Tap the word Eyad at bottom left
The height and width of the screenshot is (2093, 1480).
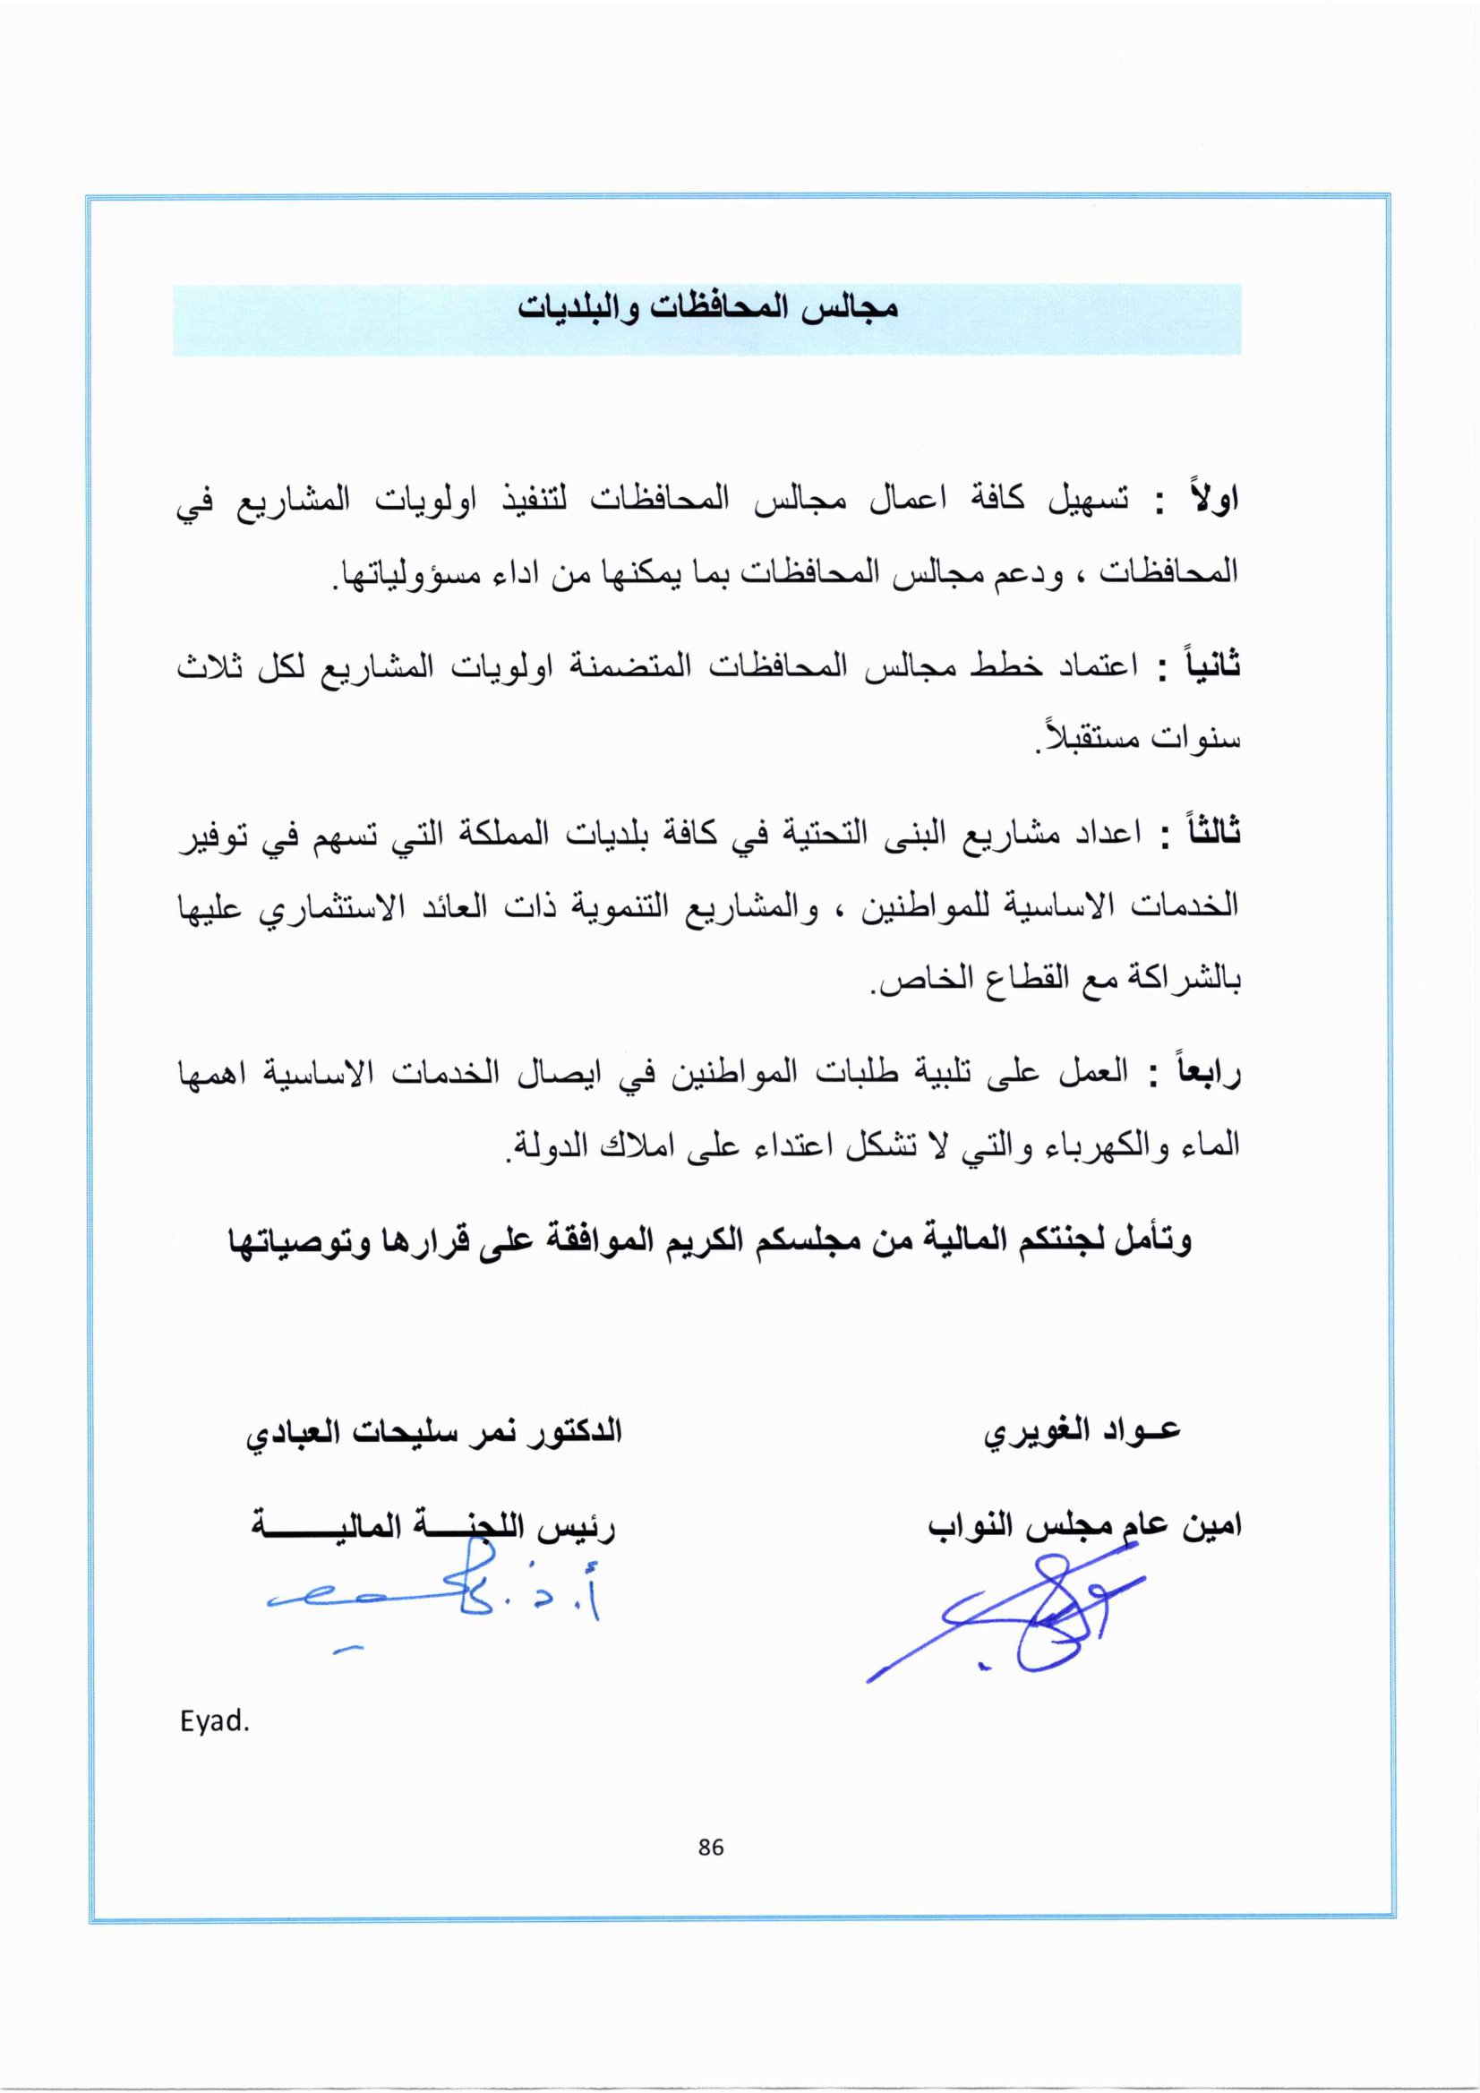[x=214, y=1722]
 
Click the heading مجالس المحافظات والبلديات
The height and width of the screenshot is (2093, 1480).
[x=708, y=308]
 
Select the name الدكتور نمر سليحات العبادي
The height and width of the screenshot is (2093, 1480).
[x=433, y=1431]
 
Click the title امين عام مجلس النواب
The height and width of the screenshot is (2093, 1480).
[x=1084, y=1526]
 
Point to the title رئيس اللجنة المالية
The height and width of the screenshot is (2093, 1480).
[x=433, y=1528]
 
